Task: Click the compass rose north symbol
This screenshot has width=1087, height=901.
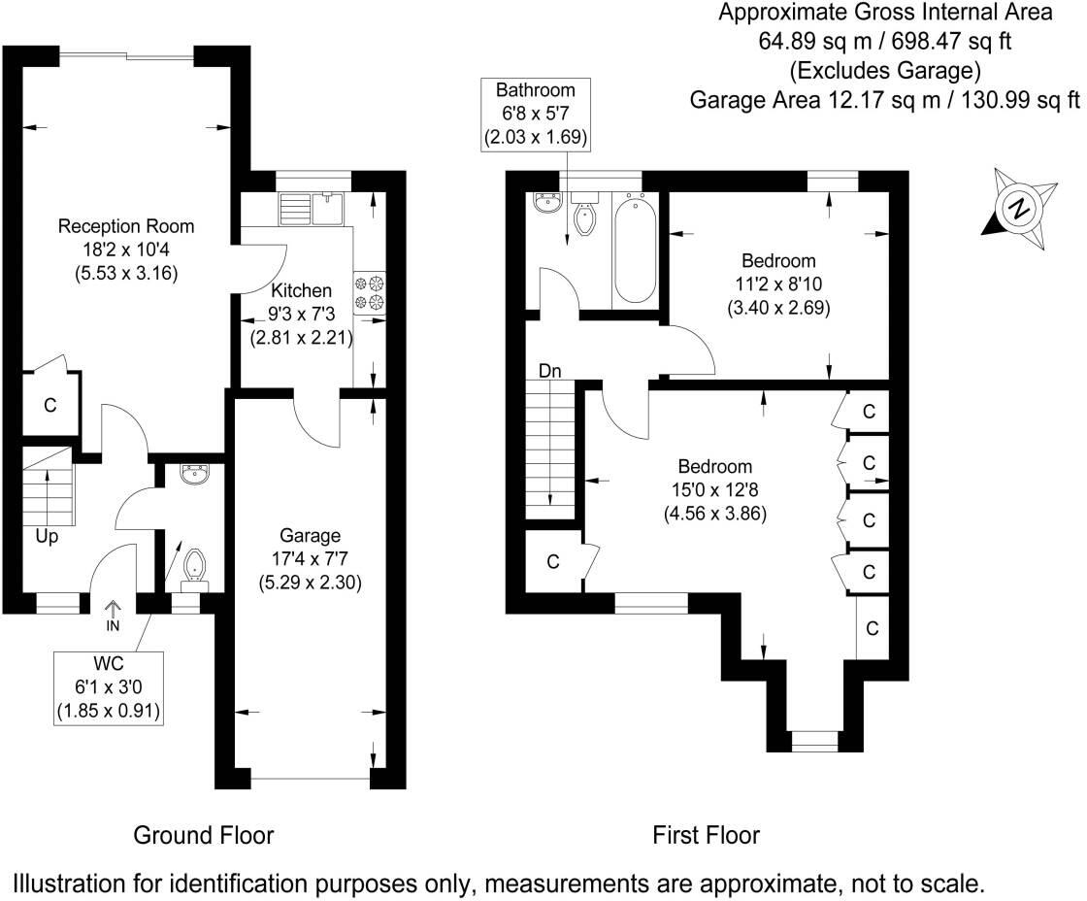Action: (x=1017, y=208)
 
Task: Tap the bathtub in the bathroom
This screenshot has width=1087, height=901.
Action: (x=635, y=248)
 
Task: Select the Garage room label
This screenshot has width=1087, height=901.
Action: (x=310, y=535)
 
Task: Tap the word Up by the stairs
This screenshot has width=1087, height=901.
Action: (x=45, y=536)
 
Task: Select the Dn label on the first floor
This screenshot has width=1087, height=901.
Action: (x=551, y=371)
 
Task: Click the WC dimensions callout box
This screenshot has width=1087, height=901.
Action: (x=108, y=685)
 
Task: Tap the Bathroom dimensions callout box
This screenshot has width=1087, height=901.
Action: (x=536, y=114)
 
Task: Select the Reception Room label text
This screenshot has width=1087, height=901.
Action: (x=126, y=227)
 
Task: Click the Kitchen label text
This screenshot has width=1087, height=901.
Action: (x=301, y=290)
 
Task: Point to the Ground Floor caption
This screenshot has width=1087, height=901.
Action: (x=203, y=835)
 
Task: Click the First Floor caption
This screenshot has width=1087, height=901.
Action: (x=706, y=835)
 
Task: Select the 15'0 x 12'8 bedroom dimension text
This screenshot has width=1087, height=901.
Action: (x=715, y=490)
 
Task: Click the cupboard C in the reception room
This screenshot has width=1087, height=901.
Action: (x=49, y=405)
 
